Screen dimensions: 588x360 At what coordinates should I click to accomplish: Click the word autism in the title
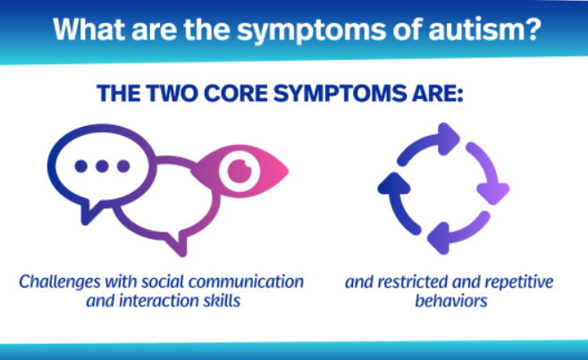[x=484, y=29]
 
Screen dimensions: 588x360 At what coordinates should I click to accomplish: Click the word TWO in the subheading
[x=172, y=93]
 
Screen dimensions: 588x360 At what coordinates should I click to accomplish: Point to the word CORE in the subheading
[x=236, y=93]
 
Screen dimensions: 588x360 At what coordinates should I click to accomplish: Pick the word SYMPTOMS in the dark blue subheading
[x=340, y=93]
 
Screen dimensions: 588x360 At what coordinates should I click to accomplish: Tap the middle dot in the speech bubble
[x=102, y=166]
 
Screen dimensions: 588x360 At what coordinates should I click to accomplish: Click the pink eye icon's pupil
[x=239, y=171]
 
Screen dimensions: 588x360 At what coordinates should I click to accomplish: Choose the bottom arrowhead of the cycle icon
[x=439, y=239]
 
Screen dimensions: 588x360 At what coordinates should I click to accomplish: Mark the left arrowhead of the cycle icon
[x=394, y=184]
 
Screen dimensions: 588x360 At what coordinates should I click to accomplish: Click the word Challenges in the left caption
[x=60, y=282]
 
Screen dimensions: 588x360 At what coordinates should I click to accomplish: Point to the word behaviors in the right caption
[x=451, y=301]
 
